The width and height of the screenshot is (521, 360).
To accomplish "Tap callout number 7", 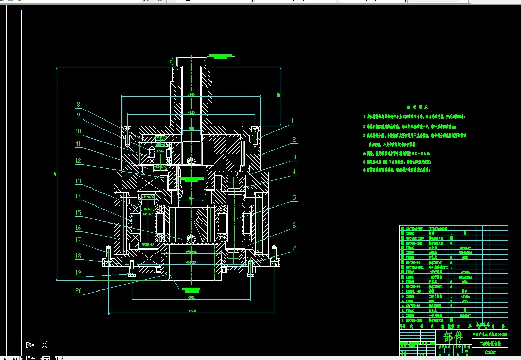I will point(294,248).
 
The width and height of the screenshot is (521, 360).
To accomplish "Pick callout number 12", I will point(78,160).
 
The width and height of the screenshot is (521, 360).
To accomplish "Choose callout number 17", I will point(78,239).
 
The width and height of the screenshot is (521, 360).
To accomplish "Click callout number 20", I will point(78,291).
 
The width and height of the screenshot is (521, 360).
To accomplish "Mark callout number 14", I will point(78,196).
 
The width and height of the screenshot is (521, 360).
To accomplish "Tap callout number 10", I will point(78,131).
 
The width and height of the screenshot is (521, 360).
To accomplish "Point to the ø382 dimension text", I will point(192,297).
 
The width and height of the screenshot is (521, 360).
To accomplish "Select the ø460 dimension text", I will point(191,95).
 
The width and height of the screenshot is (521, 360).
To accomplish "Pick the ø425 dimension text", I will point(191,112).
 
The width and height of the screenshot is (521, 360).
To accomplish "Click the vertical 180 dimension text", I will point(279,94).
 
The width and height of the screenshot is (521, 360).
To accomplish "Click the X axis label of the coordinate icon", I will point(44,345).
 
